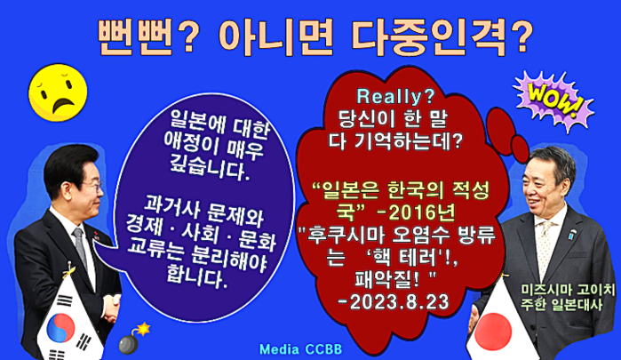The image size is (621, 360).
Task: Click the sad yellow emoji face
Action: [x=58, y=92]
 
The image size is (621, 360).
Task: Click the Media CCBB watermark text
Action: [x=300, y=349]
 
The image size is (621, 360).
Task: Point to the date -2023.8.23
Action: [x=394, y=302]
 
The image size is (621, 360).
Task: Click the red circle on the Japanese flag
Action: [x=493, y=332]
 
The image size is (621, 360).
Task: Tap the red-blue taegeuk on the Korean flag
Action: [x=60, y=328]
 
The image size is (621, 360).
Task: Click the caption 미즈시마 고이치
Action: [x=568, y=290]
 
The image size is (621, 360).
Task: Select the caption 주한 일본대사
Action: [x=561, y=305]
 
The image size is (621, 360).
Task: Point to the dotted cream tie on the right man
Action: [x=546, y=246]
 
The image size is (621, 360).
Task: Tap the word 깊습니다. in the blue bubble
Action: [x=210, y=169]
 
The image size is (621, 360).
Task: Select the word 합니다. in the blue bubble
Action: [x=197, y=276]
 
